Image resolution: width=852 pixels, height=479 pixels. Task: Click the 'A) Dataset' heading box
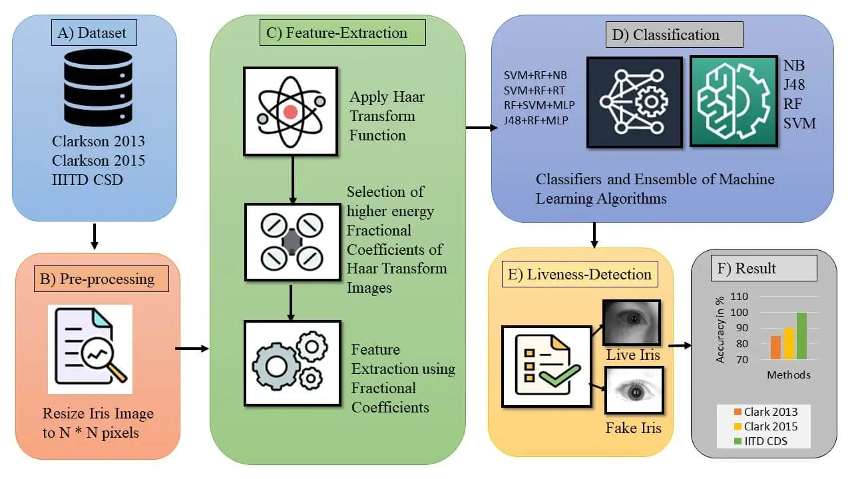pyautogui.click(x=94, y=32)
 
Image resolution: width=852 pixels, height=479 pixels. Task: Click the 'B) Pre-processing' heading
pyautogui.click(x=102, y=277)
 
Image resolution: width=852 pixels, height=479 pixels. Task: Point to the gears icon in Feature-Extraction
pyautogui.click(x=292, y=363)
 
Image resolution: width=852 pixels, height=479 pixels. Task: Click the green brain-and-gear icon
pyautogui.click(x=734, y=101)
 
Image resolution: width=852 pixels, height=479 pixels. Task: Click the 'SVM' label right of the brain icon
pyautogui.click(x=799, y=123)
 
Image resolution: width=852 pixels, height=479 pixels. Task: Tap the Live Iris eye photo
pyautogui.click(x=630, y=323)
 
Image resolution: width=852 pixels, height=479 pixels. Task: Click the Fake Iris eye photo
pyautogui.click(x=634, y=391)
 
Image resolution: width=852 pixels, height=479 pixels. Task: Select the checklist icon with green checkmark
pyautogui.click(x=546, y=365)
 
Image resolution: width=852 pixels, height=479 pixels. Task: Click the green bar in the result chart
pyautogui.click(x=801, y=336)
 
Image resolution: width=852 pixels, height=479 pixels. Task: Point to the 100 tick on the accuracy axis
pyautogui.click(x=740, y=313)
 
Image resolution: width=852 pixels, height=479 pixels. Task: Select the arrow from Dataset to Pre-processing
pyautogui.click(x=94, y=236)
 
